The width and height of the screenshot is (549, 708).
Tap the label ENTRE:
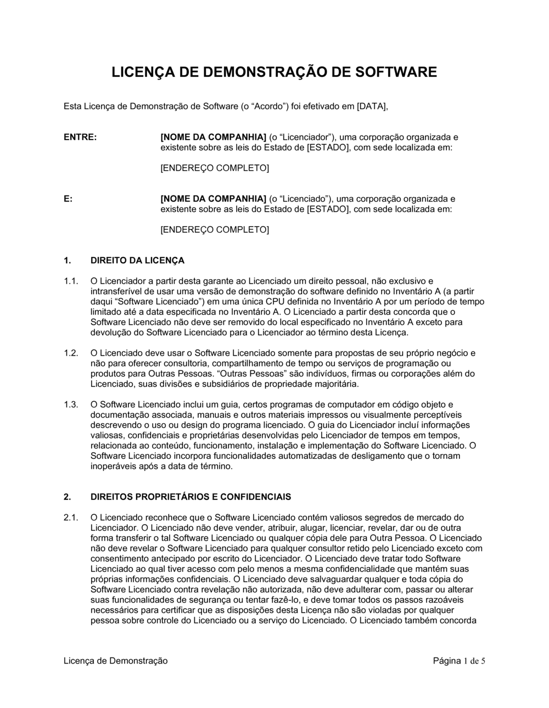click(x=80, y=137)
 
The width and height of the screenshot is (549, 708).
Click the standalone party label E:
click(x=68, y=199)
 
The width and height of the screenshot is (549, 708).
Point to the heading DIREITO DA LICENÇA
click(x=137, y=260)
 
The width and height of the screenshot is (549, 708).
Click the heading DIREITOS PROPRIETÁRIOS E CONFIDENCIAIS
click(x=191, y=497)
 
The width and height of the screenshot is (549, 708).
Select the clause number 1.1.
click(x=71, y=281)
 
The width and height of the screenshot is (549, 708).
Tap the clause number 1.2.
click(x=71, y=353)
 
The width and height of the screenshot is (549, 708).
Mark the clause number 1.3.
click(x=71, y=404)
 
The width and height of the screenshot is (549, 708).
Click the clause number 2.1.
click(x=71, y=517)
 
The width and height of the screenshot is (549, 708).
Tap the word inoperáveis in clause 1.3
click(x=113, y=467)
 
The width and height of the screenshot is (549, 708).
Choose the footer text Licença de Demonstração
click(x=116, y=661)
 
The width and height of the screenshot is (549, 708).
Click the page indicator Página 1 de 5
click(x=459, y=661)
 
